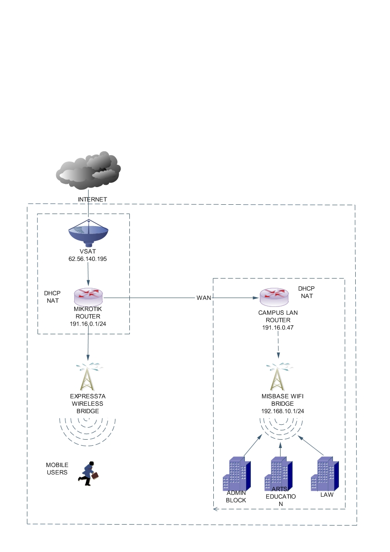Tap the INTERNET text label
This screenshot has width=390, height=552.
pos(92,199)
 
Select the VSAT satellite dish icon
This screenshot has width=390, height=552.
pos(88,234)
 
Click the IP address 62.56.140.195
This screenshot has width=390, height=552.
pos(88,259)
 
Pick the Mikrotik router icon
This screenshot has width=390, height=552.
pos(88,295)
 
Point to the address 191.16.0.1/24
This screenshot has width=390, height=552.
pos(88,323)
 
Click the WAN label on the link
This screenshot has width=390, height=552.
pos(204,297)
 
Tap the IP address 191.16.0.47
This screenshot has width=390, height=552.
pos(278,327)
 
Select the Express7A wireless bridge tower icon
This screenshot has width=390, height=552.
pos(88,376)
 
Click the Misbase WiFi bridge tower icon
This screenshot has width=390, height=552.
pos(278,376)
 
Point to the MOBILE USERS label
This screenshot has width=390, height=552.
pos(57,469)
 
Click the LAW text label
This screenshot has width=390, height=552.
pos(326,495)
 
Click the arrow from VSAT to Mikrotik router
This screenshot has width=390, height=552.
pos(88,275)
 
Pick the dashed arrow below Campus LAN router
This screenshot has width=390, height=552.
pos(278,346)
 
